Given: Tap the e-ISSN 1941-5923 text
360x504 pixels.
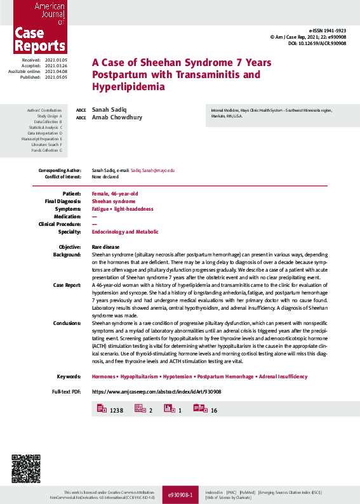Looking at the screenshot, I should (328, 30).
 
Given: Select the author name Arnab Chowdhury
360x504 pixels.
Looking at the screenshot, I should (117, 117).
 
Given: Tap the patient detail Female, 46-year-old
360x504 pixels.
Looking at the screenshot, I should (115, 193).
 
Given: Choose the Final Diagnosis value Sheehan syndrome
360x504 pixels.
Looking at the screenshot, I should (114, 201).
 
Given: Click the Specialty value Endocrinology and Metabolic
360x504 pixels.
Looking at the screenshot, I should (125, 232).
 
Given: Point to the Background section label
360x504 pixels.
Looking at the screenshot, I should (67, 254).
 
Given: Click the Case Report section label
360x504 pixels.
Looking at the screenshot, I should (67, 285).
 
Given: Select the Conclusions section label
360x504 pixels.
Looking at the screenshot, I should (66, 324).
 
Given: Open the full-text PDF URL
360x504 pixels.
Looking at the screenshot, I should (156, 392).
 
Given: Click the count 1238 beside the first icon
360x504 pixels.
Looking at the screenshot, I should (116, 411).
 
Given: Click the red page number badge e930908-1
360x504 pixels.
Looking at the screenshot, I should (180, 493).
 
